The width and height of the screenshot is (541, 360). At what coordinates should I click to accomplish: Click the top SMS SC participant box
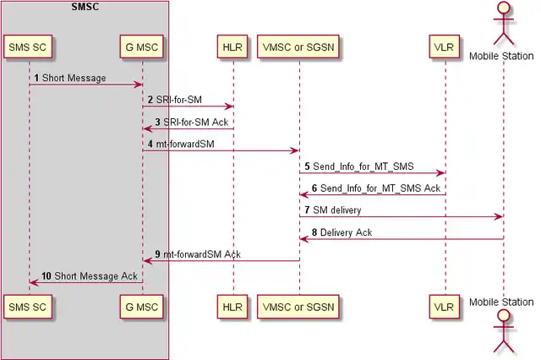pyautogui.click(x=29, y=46)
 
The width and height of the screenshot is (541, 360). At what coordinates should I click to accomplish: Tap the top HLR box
pyautogui.click(x=232, y=46)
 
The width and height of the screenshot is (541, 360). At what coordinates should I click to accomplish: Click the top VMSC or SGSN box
pyautogui.click(x=298, y=46)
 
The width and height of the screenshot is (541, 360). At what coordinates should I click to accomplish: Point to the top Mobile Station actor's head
pyautogui.click(x=503, y=8)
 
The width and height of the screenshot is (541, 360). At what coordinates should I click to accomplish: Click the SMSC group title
pyautogui.click(x=85, y=7)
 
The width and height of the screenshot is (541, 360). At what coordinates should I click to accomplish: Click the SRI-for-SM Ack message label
pyautogui.click(x=196, y=122)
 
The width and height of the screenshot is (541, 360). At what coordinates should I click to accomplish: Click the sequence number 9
pyautogui.click(x=157, y=254)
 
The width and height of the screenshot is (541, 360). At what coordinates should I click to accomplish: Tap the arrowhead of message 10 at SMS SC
pyautogui.click(x=34, y=282)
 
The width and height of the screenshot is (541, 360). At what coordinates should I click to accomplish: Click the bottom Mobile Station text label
pyautogui.click(x=502, y=302)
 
